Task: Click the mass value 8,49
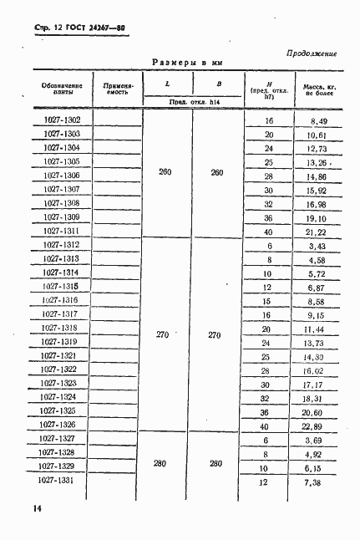pos(316,121)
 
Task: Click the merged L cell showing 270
pos(163,335)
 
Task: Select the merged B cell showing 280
pos(215,461)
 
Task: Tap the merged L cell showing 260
pos(165,172)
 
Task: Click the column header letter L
pos(166,84)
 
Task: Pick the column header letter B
pos(218,84)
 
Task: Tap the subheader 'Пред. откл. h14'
pos(191,102)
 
